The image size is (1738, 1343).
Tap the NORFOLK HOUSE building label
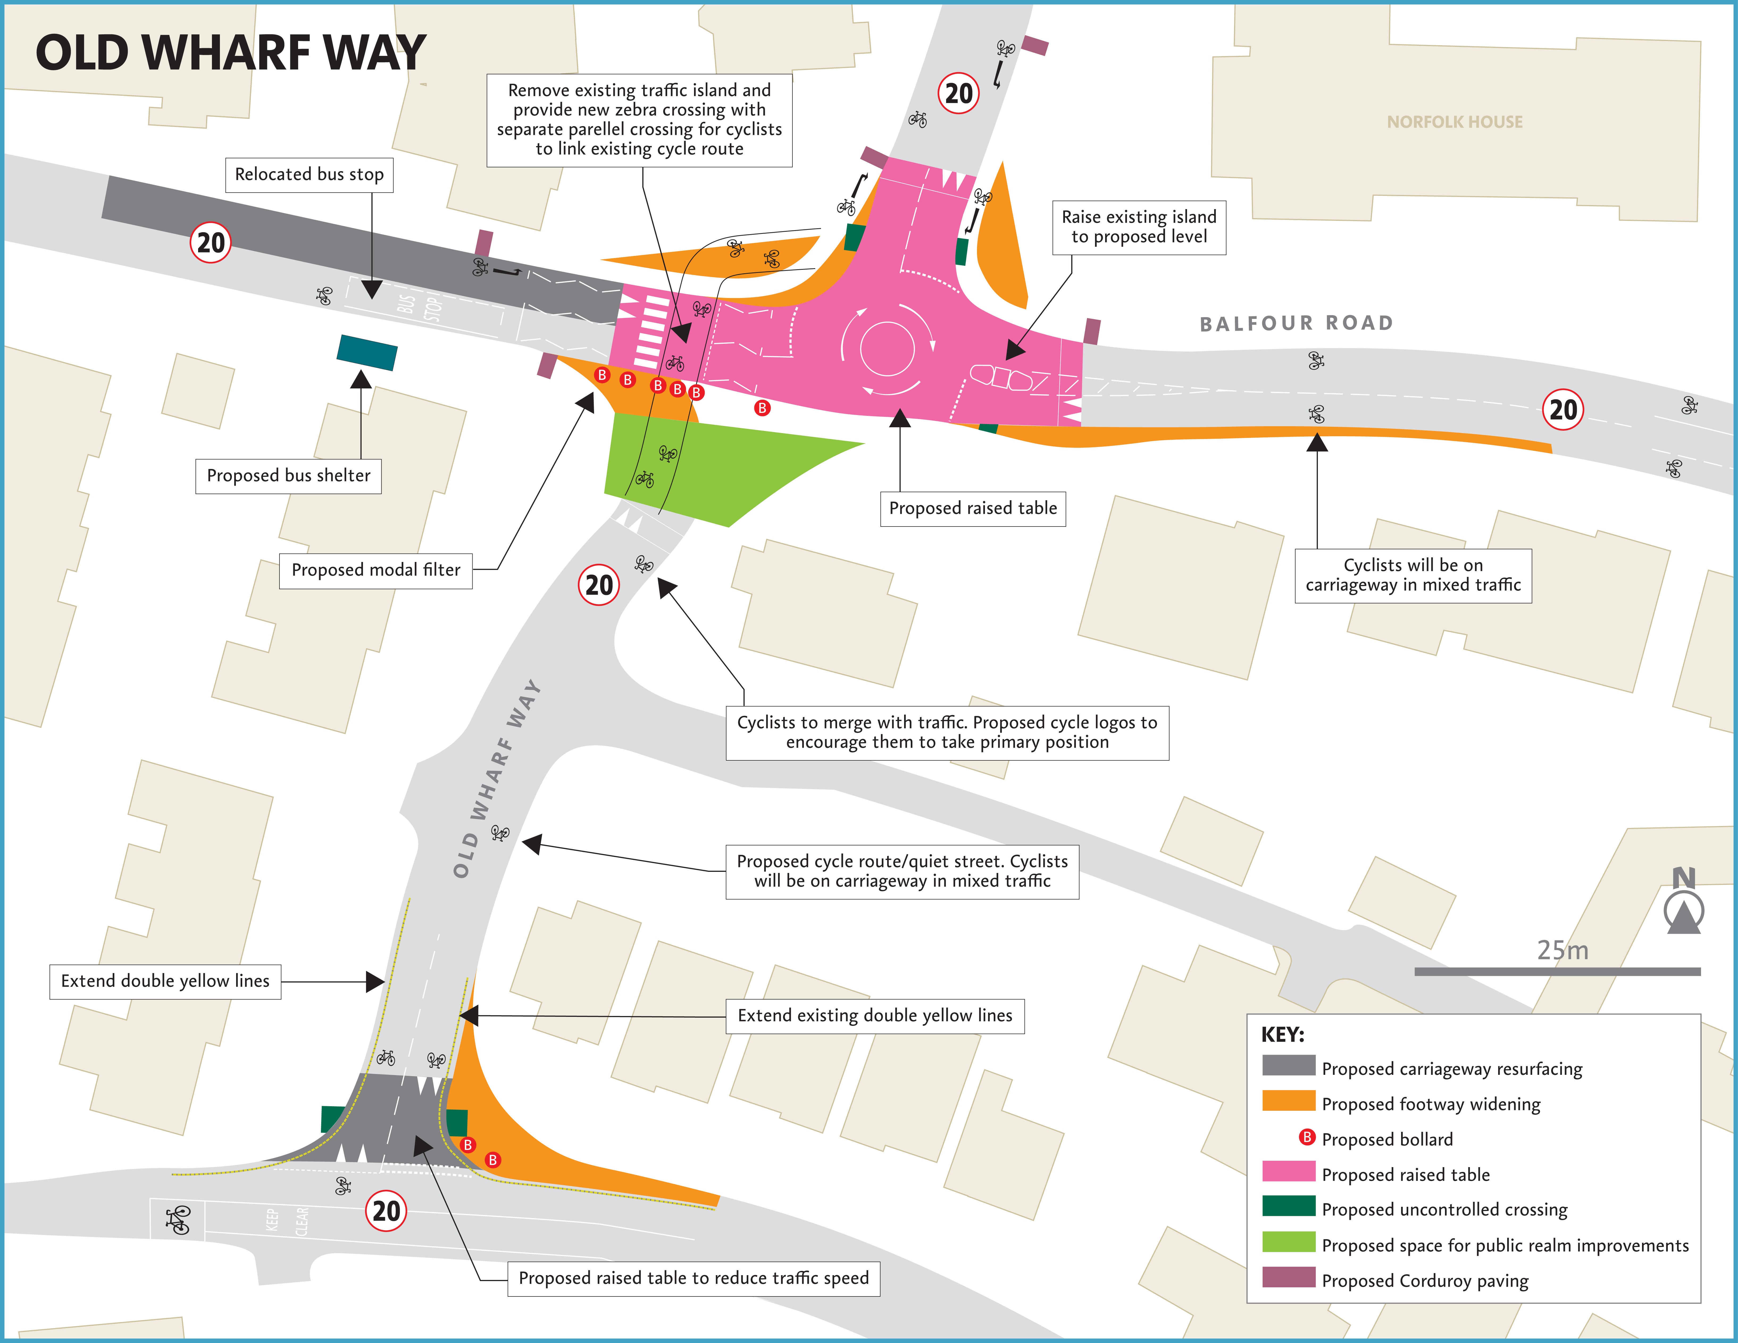point(1454,122)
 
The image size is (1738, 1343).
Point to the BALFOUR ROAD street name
point(1296,323)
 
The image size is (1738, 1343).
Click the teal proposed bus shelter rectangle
point(367,352)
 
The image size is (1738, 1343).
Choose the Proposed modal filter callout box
point(376,570)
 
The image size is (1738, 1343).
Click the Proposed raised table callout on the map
point(972,509)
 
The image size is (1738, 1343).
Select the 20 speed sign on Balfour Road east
point(1563,410)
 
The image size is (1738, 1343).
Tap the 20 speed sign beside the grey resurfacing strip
point(210,243)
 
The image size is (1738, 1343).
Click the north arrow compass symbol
point(1683,907)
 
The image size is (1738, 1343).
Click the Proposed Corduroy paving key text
point(1424,1281)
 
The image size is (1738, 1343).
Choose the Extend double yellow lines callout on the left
point(165,981)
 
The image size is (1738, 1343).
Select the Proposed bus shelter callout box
point(288,476)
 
